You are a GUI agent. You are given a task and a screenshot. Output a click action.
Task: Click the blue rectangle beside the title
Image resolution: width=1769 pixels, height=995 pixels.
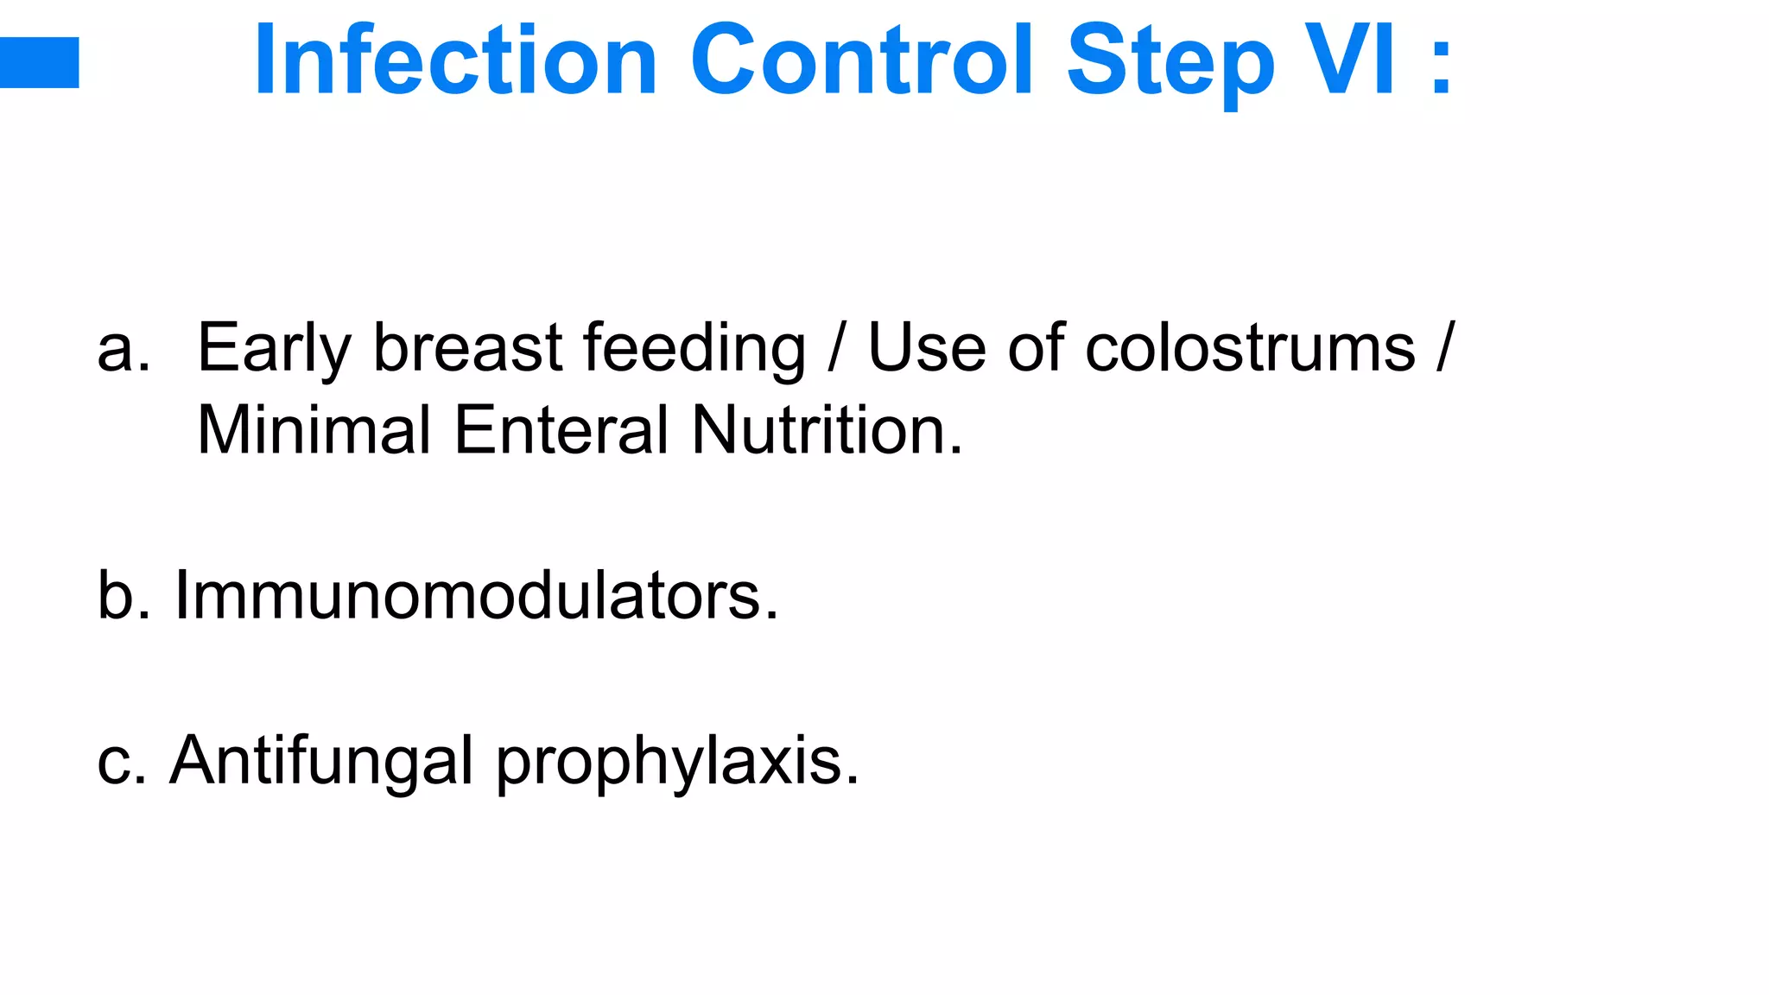tap(39, 62)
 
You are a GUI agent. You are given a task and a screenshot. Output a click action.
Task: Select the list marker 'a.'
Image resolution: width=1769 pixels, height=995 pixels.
tap(124, 348)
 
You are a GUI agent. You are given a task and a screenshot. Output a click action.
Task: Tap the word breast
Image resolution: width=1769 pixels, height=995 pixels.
tap(467, 348)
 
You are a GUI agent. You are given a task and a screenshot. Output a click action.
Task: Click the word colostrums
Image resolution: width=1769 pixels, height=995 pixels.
tap(1250, 348)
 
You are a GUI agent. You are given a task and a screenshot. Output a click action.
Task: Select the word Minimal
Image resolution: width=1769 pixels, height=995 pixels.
tap(314, 430)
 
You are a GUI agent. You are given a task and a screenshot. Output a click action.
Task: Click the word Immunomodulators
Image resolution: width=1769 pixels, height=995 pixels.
tap(476, 595)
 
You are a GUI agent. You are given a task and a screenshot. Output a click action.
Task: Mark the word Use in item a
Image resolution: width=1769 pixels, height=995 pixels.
tap(926, 348)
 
